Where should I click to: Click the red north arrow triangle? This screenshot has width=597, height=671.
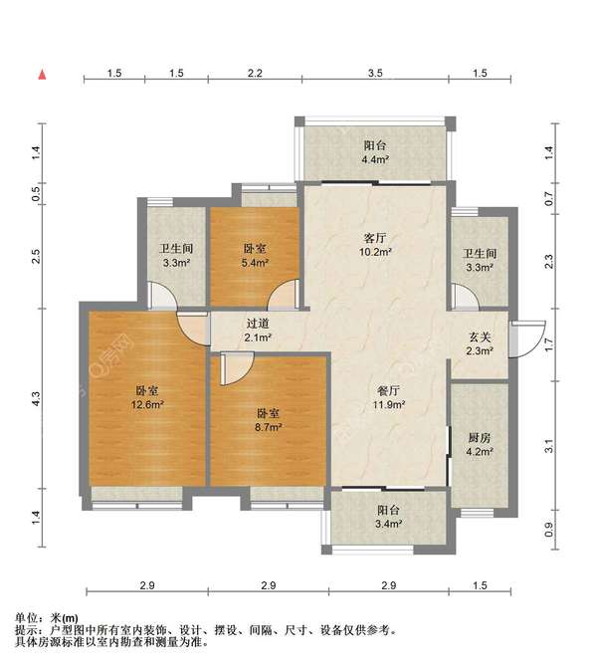[42, 75]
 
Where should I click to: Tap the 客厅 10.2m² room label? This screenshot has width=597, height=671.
[375, 244]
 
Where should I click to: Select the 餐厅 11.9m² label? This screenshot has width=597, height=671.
[388, 397]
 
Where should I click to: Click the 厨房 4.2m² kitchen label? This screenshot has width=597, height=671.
[480, 444]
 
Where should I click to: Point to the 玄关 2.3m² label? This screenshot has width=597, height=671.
[480, 344]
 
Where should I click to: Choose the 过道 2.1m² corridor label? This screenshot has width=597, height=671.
[258, 331]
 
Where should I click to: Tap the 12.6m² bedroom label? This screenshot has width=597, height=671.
[147, 397]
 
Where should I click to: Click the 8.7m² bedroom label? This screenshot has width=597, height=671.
[268, 420]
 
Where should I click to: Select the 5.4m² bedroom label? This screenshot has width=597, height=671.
[255, 256]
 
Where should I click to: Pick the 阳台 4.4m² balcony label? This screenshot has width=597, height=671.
[375, 152]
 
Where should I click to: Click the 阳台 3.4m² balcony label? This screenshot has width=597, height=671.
[388, 517]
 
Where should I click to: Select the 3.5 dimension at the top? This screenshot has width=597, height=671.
[375, 74]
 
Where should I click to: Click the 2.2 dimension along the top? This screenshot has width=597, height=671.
[255, 74]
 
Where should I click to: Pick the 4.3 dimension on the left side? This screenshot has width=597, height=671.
[36, 399]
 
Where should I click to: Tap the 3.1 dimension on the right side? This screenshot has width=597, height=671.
[549, 446]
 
